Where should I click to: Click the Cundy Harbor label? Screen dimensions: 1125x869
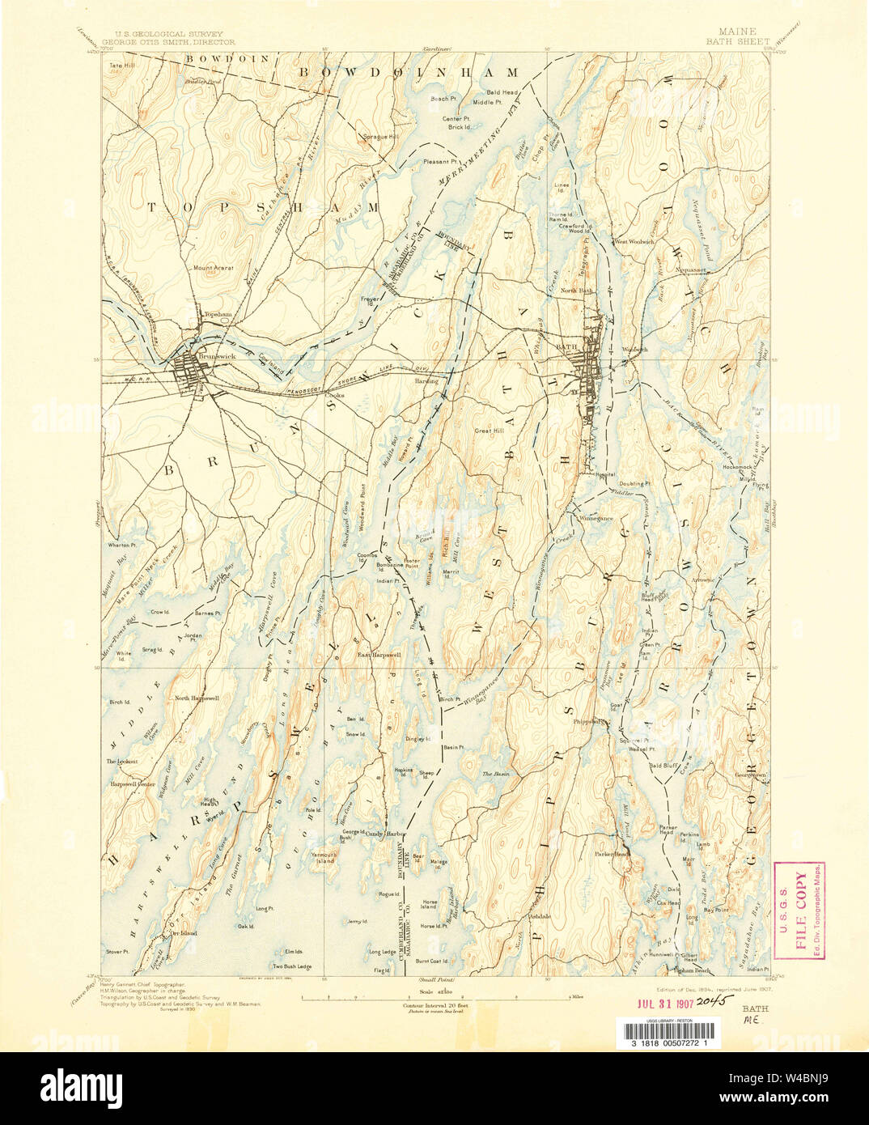[x=384, y=833]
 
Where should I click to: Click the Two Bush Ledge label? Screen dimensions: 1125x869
[x=292, y=966]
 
